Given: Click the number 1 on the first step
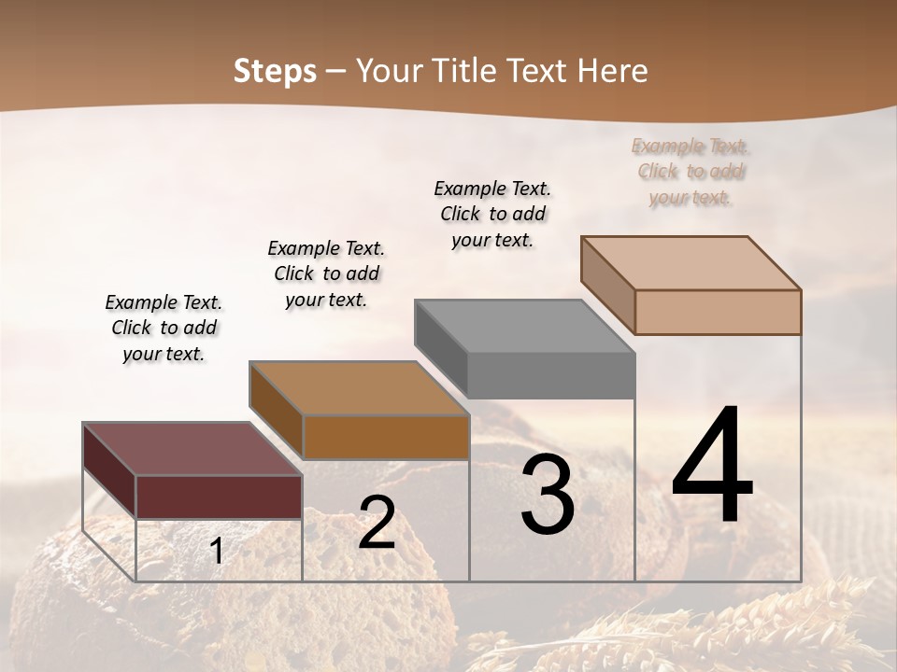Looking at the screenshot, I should click(217, 552).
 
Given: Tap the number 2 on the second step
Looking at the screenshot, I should click(377, 523).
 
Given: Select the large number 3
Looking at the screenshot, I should click(548, 496).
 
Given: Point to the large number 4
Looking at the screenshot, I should click(712, 465).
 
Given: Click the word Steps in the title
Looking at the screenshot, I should click(275, 71).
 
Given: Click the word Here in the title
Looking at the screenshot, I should click(612, 71).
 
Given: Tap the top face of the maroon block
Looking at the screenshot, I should click(192, 449).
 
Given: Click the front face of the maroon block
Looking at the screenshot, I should click(219, 497).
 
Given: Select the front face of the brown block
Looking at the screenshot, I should click(386, 437).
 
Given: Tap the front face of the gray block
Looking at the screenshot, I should click(551, 376).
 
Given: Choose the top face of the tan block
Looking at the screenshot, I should click(691, 263).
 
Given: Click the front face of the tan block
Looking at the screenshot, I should click(718, 312).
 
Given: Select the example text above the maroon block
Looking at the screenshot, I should click(164, 329).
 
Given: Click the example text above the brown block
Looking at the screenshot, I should click(326, 273).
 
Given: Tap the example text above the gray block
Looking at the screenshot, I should click(492, 214).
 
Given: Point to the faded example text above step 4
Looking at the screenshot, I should click(691, 172).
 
